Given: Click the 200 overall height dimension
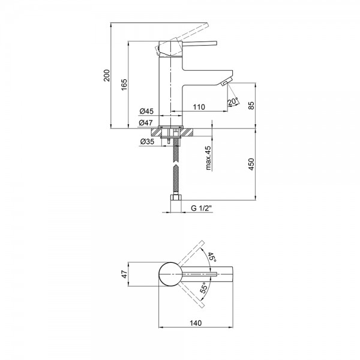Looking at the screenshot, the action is (x=107, y=75).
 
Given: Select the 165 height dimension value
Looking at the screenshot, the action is (x=124, y=85).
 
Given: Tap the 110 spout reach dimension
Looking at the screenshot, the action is (x=199, y=107).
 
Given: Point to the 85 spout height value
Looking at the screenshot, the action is (x=251, y=106).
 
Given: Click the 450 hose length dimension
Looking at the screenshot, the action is (x=251, y=164).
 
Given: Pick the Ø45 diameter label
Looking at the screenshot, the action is (x=146, y=112).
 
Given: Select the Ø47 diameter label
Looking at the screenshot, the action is (x=146, y=123).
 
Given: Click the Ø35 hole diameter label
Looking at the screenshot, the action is (x=147, y=142).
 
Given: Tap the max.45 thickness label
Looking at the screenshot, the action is (x=208, y=158).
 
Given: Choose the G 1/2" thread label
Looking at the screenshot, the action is (x=201, y=208).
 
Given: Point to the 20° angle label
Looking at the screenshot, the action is (x=233, y=101).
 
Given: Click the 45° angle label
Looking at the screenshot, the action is (x=212, y=257).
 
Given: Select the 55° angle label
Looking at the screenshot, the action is (x=205, y=287).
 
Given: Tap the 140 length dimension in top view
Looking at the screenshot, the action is (x=196, y=323).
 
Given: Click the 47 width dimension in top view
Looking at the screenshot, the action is (x=124, y=274).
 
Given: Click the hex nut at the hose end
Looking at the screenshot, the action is (x=176, y=197).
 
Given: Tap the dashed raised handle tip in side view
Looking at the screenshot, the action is (x=205, y=25).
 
